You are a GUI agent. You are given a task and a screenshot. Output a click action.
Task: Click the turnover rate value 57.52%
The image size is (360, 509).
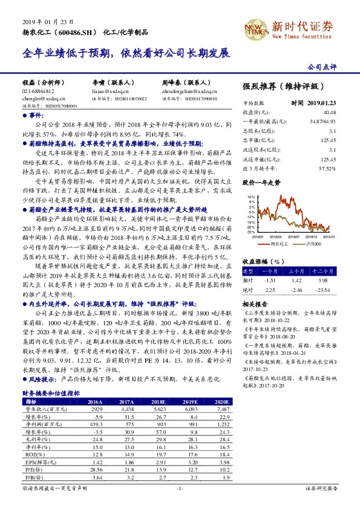click(x=327, y=168)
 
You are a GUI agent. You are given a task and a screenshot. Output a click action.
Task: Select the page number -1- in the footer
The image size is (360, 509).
click(x=180, y=487)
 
